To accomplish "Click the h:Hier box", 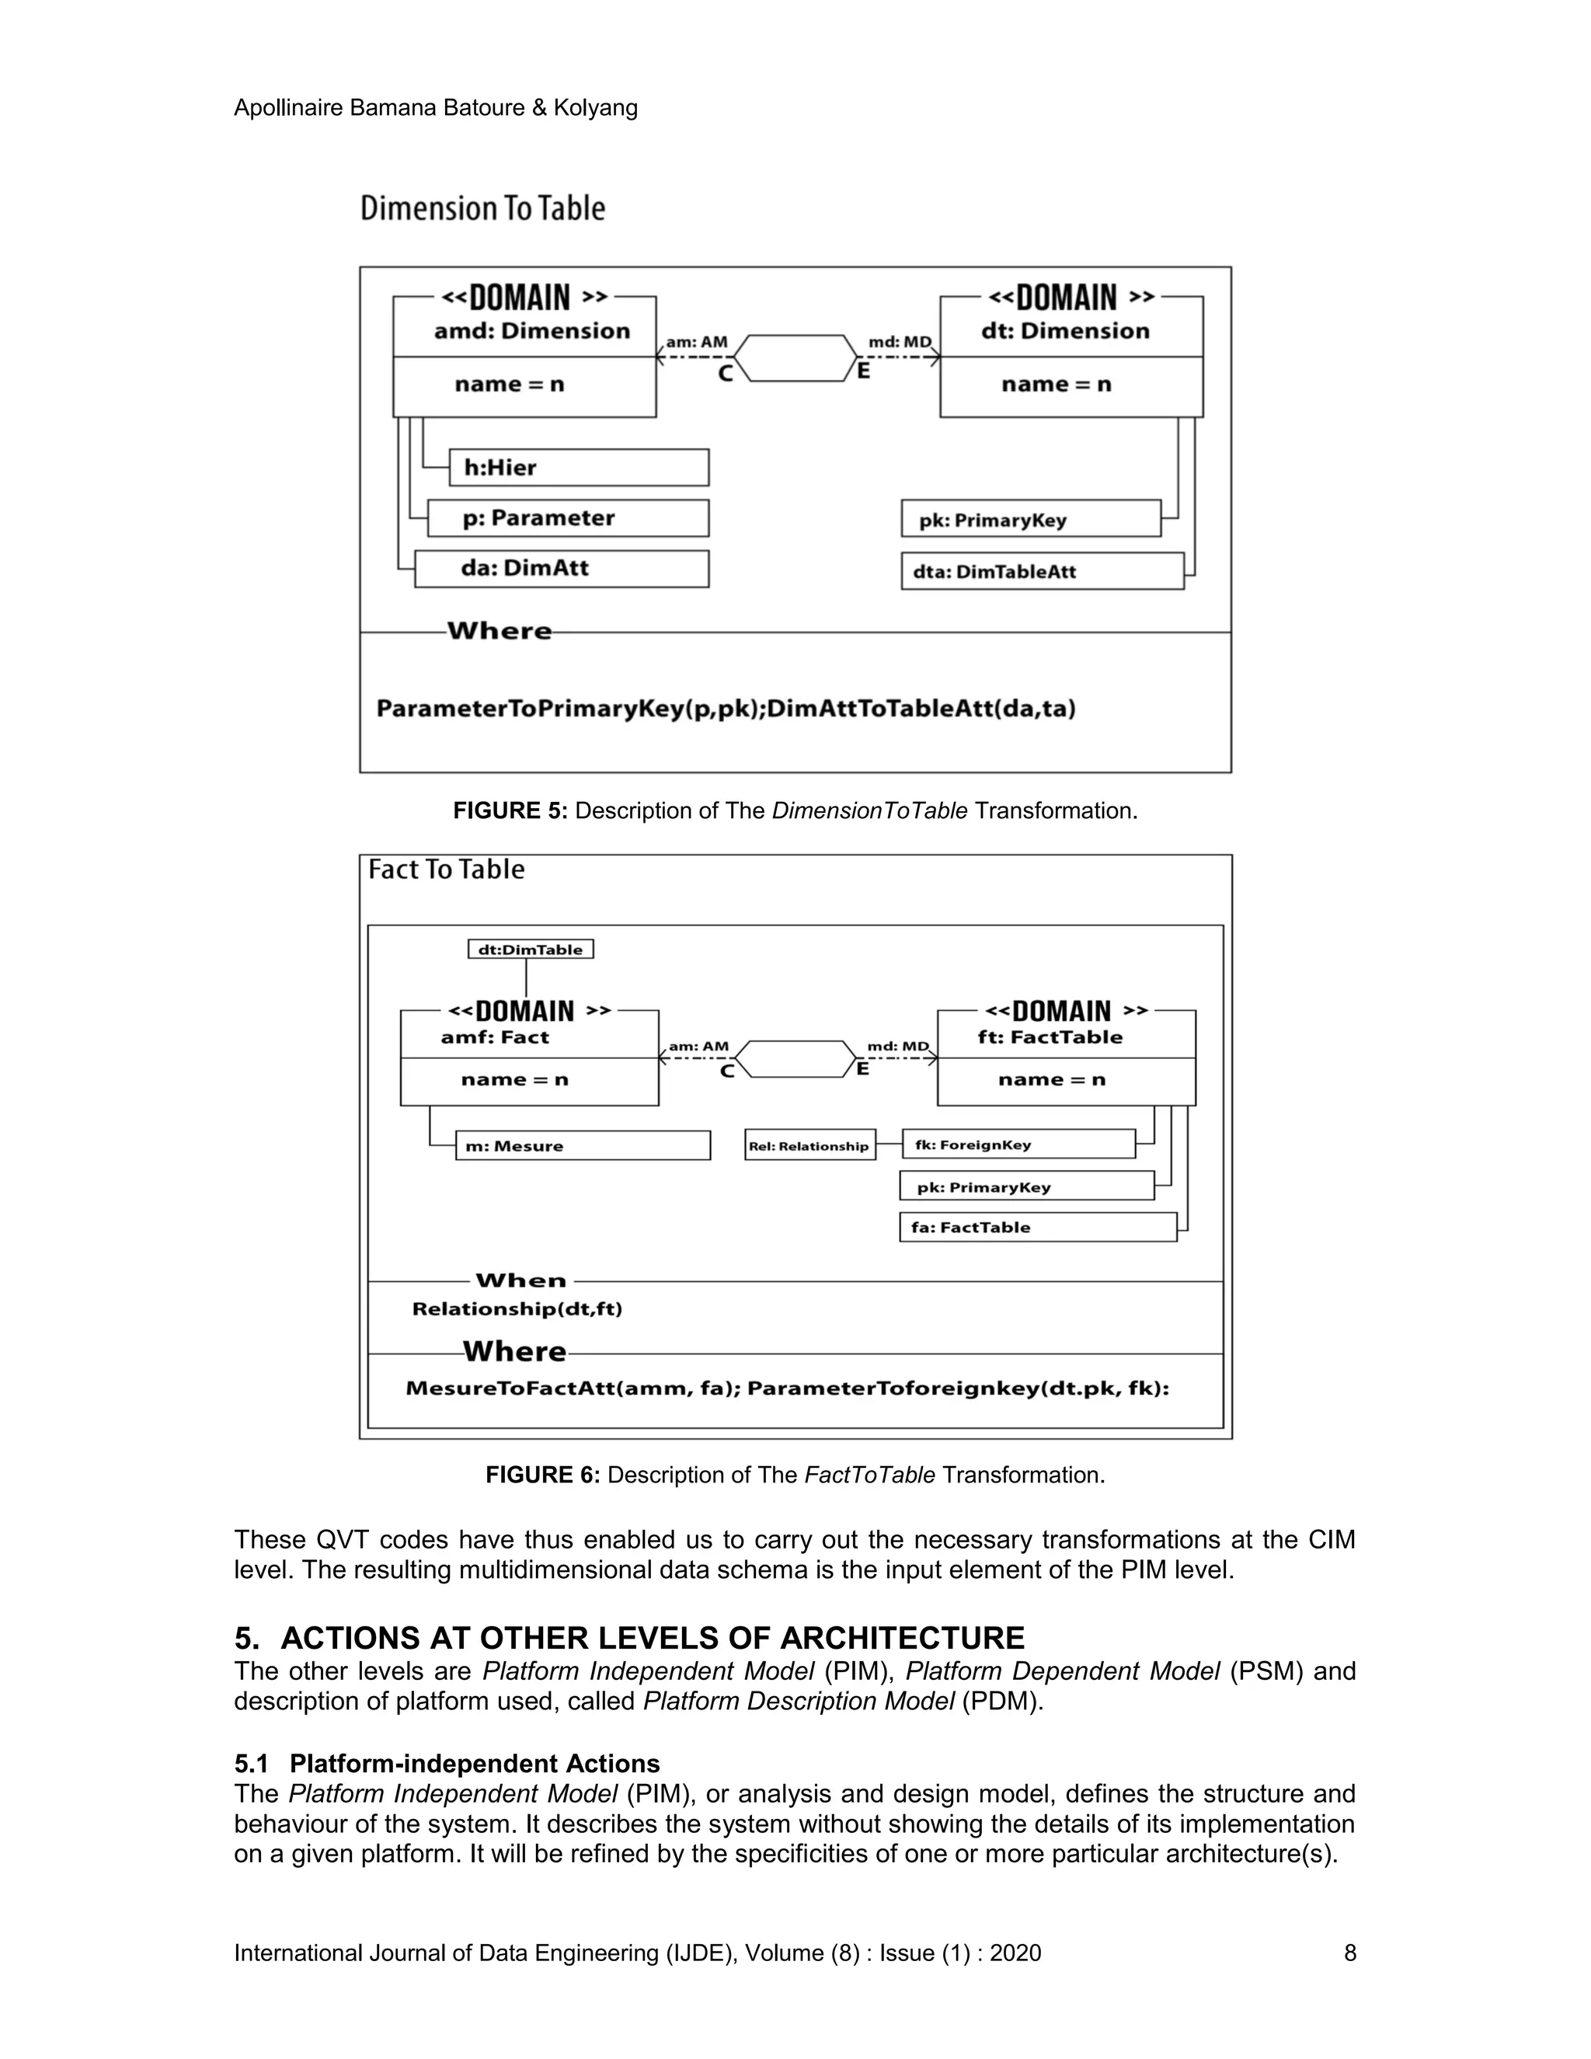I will click(578, 468).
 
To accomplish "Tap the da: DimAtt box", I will click(561, 569).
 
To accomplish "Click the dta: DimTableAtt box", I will click(1042, 571).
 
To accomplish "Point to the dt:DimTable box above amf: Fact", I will click(531, 949).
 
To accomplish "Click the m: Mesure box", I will click(582, 1145).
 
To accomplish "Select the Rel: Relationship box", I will click(809, 1145).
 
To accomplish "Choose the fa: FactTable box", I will click(1037, 1228).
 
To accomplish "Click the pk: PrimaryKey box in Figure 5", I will click(1030, 520).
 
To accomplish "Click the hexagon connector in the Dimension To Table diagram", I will click(795, 358).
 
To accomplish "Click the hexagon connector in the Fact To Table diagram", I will click(795, 1059).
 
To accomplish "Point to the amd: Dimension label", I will click(531, 331).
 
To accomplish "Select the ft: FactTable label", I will click(1050, 1037).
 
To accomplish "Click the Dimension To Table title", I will click(482, 208).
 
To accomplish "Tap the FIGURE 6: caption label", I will click(543, 1475).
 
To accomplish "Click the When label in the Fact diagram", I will click(520, 1280).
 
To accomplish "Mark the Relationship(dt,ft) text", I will click(517, 1308).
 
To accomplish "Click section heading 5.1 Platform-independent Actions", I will click(447, 1763).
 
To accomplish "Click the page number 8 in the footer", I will click(1349, 1953).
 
